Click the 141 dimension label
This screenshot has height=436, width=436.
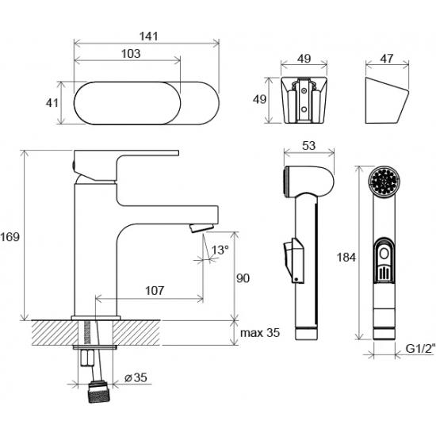pos(148,36)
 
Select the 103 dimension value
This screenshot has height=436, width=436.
pos(131,53)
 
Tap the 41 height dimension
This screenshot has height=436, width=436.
pos(52,103)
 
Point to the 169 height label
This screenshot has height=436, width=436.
pos(10,237)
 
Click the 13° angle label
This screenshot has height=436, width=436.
pos(220,250)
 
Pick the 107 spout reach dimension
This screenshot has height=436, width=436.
pos(155,291)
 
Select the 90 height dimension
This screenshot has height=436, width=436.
pos(243,278)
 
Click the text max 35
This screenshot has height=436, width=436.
pos(260,333)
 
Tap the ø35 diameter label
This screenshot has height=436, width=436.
pos(136,377)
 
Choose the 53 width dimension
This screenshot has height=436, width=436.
pos(308,145)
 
